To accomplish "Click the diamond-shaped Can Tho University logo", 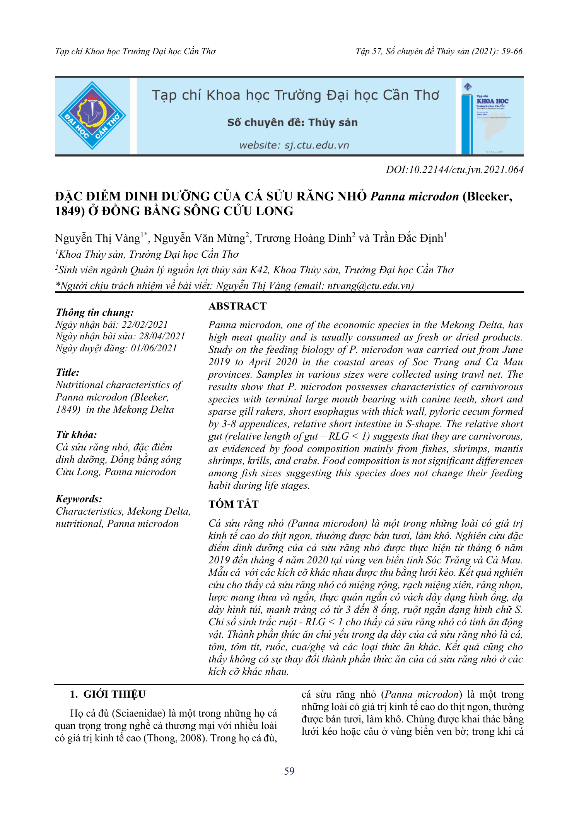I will point(92,116).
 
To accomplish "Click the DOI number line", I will point(454,169).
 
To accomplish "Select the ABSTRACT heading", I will point(237,306).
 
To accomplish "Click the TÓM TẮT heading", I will point(233,504).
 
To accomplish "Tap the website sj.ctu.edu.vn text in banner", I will point(294,145).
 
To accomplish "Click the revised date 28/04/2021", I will point(162,336).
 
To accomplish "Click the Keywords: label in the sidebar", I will point(79,499).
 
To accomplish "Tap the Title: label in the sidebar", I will point(68,372).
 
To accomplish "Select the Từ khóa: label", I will point(76,435).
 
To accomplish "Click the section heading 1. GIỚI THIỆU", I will point(108,694).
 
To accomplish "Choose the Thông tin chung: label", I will point(95,312).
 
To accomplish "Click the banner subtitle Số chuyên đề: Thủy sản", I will point(292,123).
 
